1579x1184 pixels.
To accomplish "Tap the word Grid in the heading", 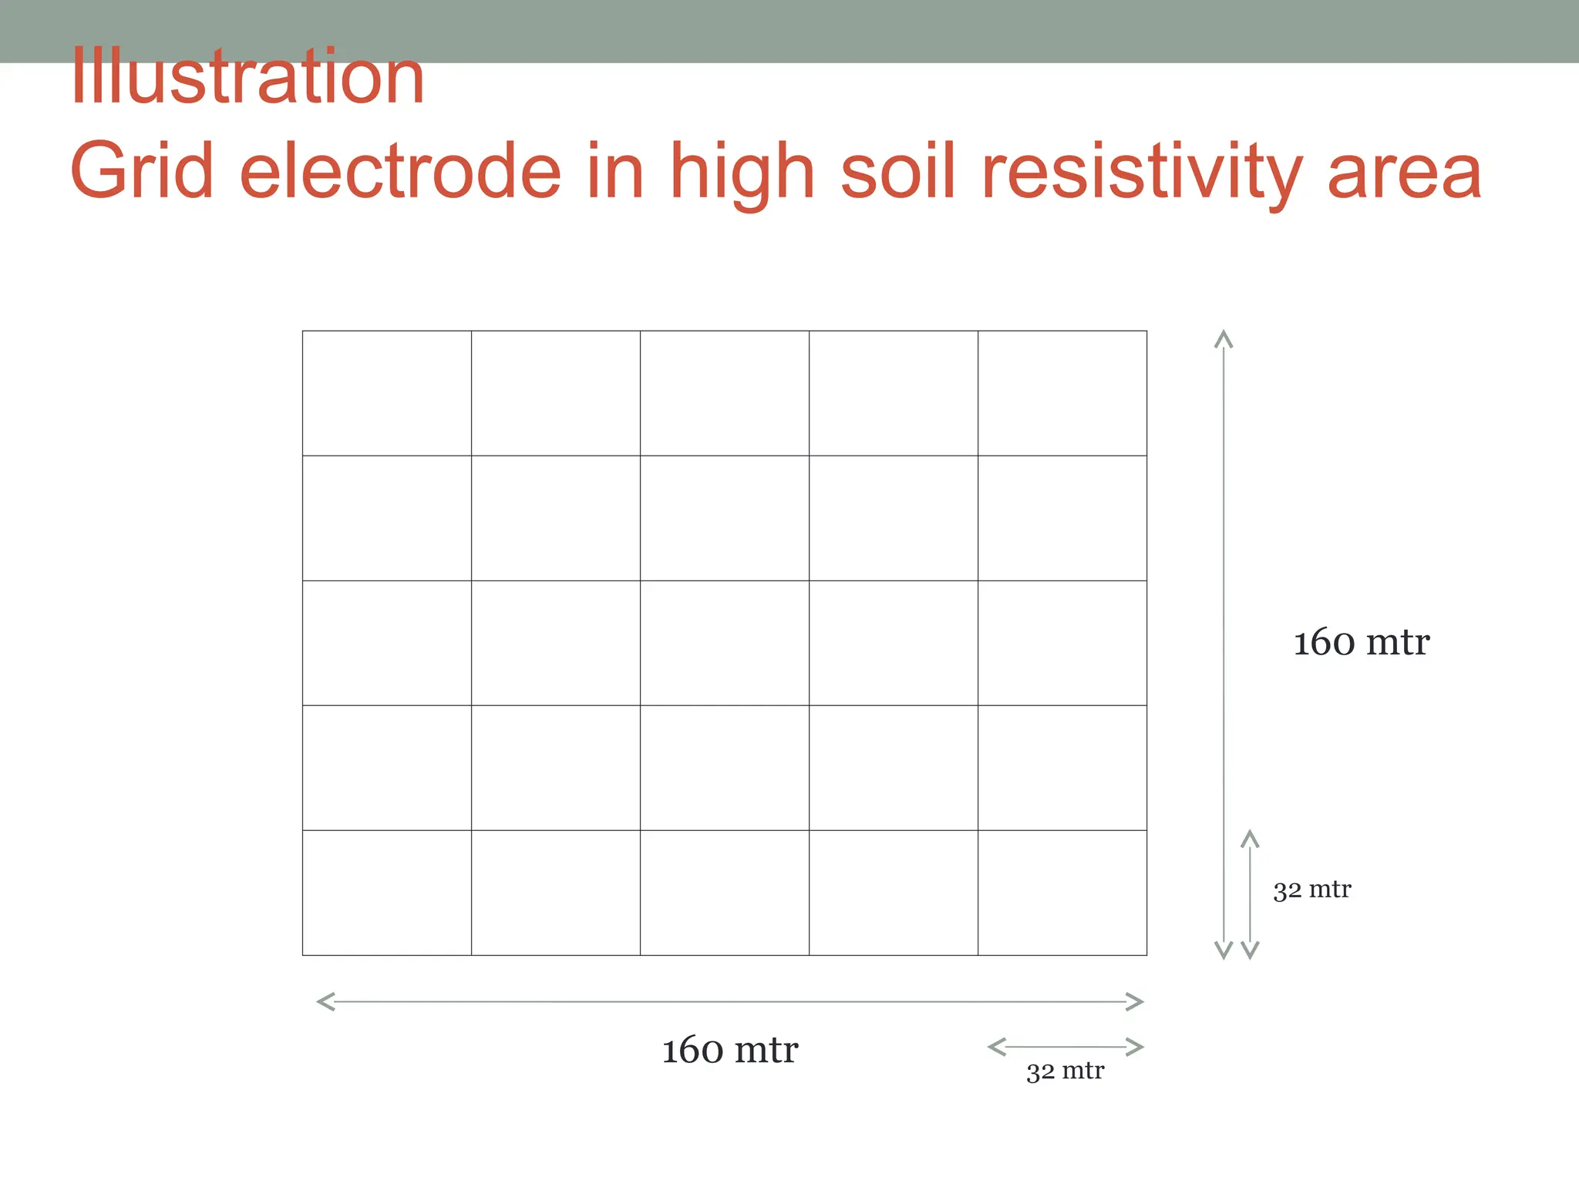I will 142,171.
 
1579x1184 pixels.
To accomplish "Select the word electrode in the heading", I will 401,171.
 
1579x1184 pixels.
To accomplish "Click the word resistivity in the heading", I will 1141,171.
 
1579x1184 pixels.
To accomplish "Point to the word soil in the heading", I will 899,171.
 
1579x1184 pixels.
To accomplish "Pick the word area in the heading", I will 1405,171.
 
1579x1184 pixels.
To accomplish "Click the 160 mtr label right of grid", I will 1362,642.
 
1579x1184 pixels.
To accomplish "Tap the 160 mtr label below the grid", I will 730,1050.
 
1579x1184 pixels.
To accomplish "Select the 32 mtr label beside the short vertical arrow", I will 1312,890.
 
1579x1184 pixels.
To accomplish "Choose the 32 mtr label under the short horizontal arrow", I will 1065,1071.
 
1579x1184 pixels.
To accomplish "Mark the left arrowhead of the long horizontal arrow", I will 325,1002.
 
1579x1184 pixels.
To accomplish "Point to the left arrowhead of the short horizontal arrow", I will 996,1047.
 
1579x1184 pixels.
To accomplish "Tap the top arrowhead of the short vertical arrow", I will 1250,838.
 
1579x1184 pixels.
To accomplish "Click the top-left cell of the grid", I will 387,393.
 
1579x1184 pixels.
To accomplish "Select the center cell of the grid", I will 725,643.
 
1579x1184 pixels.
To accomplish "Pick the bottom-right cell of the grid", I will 1062,893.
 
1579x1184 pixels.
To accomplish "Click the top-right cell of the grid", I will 1062,393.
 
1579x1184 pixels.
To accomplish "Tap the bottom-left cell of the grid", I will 387,893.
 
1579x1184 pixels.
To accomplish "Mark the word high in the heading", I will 742,171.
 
